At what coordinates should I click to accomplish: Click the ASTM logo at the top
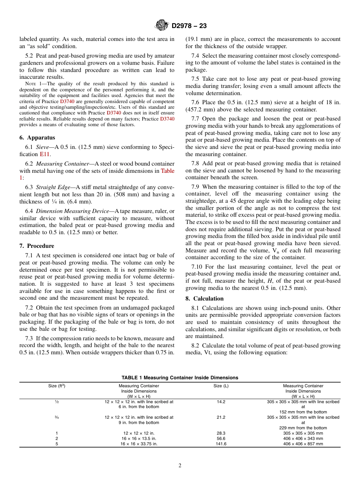[162, 26]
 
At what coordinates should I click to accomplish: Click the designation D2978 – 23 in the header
[189, 26]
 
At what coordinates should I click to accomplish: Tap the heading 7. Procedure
[37, 246]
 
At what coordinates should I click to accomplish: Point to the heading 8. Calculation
[204, 299]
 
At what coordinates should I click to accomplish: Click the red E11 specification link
[44, 154]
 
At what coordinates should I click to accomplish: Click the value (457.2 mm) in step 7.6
[200, 110]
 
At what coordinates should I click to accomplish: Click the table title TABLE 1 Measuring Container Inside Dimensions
[180, 377]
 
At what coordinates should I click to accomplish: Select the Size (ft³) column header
[57, 386]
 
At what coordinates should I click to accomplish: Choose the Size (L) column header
[221, 386]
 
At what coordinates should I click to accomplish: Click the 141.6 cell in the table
[221, 444]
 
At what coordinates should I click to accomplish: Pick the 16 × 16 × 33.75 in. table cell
[139, 444]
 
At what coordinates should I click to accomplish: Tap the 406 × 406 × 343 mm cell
[303, 438]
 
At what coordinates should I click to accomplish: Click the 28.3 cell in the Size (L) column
[221, 433]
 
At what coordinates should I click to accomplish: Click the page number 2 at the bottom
[180, 466]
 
